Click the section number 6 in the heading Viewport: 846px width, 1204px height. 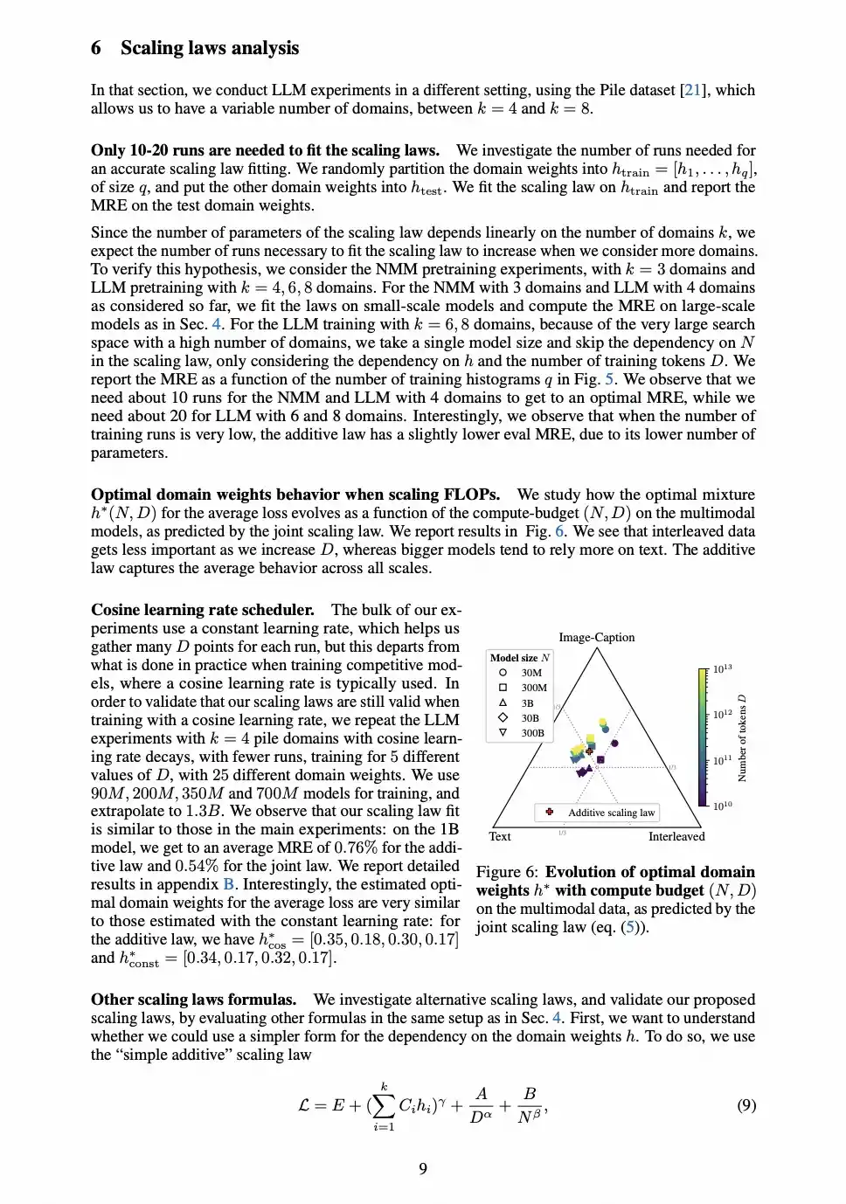[96, 48]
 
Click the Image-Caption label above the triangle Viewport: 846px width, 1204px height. [596, 637]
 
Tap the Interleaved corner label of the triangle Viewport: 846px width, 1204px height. [676, 836]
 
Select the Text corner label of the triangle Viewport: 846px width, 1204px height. [500, 836]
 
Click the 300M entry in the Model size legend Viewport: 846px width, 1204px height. [534, 688]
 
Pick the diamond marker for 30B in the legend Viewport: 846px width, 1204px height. [503, 717]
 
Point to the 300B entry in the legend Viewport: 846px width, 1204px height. [533, 733]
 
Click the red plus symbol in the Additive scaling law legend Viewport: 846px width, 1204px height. [549, 812]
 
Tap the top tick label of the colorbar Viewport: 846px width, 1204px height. [722, 668]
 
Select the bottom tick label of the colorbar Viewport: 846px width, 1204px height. [722, 806]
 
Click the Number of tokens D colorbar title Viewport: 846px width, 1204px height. [742, 737]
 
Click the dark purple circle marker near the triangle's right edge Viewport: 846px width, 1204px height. [615, 744]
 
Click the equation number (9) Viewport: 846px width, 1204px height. [745, 1105]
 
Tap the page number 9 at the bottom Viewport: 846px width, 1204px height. [423, 1168]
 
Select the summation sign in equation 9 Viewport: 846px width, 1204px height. [383, 1106]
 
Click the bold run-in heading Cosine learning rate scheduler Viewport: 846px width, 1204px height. [202, 610]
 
